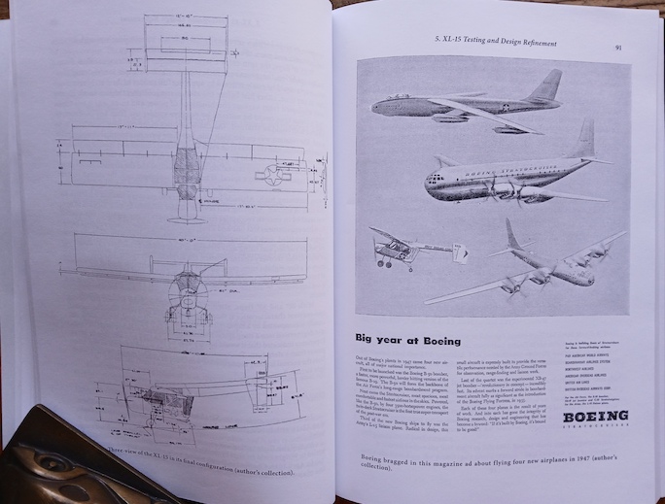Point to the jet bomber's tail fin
pos(547,85)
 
